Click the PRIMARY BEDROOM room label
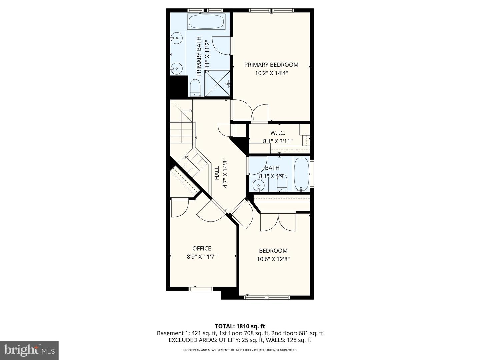point(271,65)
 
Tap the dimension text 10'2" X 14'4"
point(271,73)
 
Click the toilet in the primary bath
point(195,88)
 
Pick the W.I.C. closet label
point(278,133)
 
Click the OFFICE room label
point(202,248)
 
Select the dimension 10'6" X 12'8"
point(273,259)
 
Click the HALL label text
point(217,173)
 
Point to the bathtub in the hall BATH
point(301,174)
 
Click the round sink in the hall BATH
point(258,185)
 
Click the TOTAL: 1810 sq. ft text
point(240,326)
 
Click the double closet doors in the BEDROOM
point(278,221)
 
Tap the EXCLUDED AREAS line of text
point(240,340)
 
